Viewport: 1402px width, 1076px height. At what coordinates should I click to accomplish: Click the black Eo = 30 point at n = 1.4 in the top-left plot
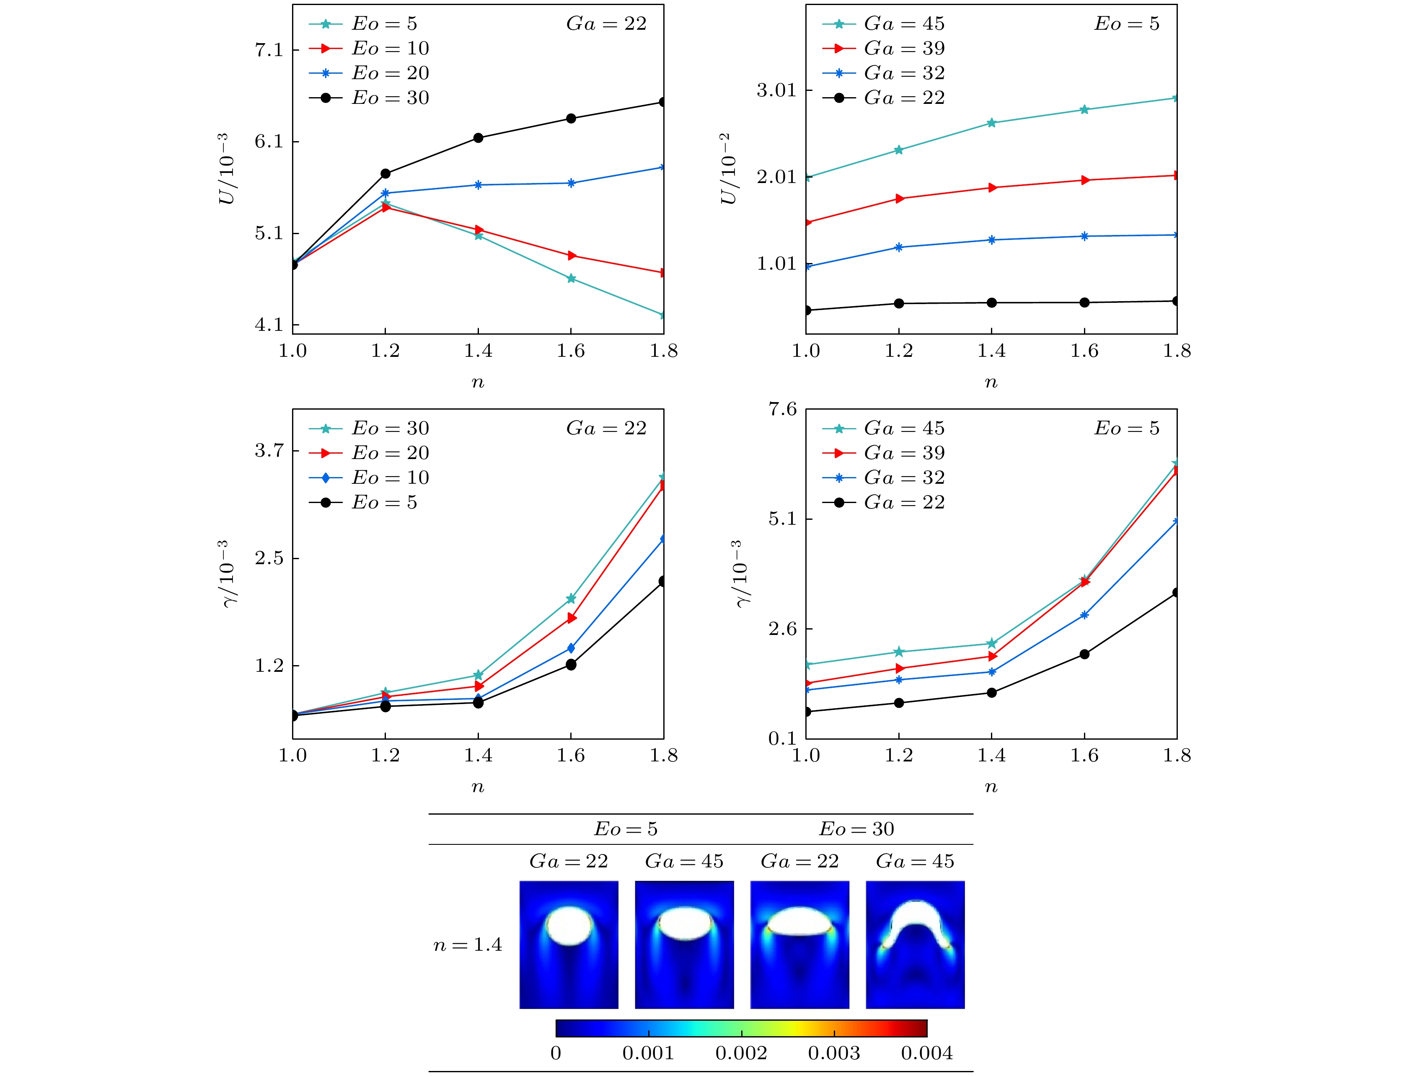point(478,138)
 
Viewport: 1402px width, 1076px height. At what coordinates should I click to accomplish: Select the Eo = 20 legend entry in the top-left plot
point(390,73)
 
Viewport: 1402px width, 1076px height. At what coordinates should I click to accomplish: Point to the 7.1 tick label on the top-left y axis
point(269,50)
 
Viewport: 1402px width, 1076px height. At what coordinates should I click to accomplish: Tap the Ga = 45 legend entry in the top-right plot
point(903,24)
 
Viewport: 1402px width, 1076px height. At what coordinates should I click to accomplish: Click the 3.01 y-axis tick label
point(776,90)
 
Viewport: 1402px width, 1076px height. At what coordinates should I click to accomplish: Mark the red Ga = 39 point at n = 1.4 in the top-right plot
point(992,188)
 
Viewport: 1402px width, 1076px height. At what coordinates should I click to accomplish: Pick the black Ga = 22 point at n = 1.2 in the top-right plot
point(899,304)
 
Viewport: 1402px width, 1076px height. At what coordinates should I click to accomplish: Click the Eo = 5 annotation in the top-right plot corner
point(1126,24)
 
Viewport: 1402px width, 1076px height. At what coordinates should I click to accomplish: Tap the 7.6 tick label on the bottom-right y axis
point(782,409)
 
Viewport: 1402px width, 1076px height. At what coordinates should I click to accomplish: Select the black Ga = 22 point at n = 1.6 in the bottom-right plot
point(1084,654)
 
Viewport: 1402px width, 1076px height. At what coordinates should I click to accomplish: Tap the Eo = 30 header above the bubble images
point(856,829)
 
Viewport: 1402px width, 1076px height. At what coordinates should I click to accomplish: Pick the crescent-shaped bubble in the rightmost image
point(915,922)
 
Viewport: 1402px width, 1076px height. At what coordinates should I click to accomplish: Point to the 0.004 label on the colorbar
point(926,1053)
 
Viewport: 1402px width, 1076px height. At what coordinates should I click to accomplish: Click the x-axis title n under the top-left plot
point(478,383)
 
